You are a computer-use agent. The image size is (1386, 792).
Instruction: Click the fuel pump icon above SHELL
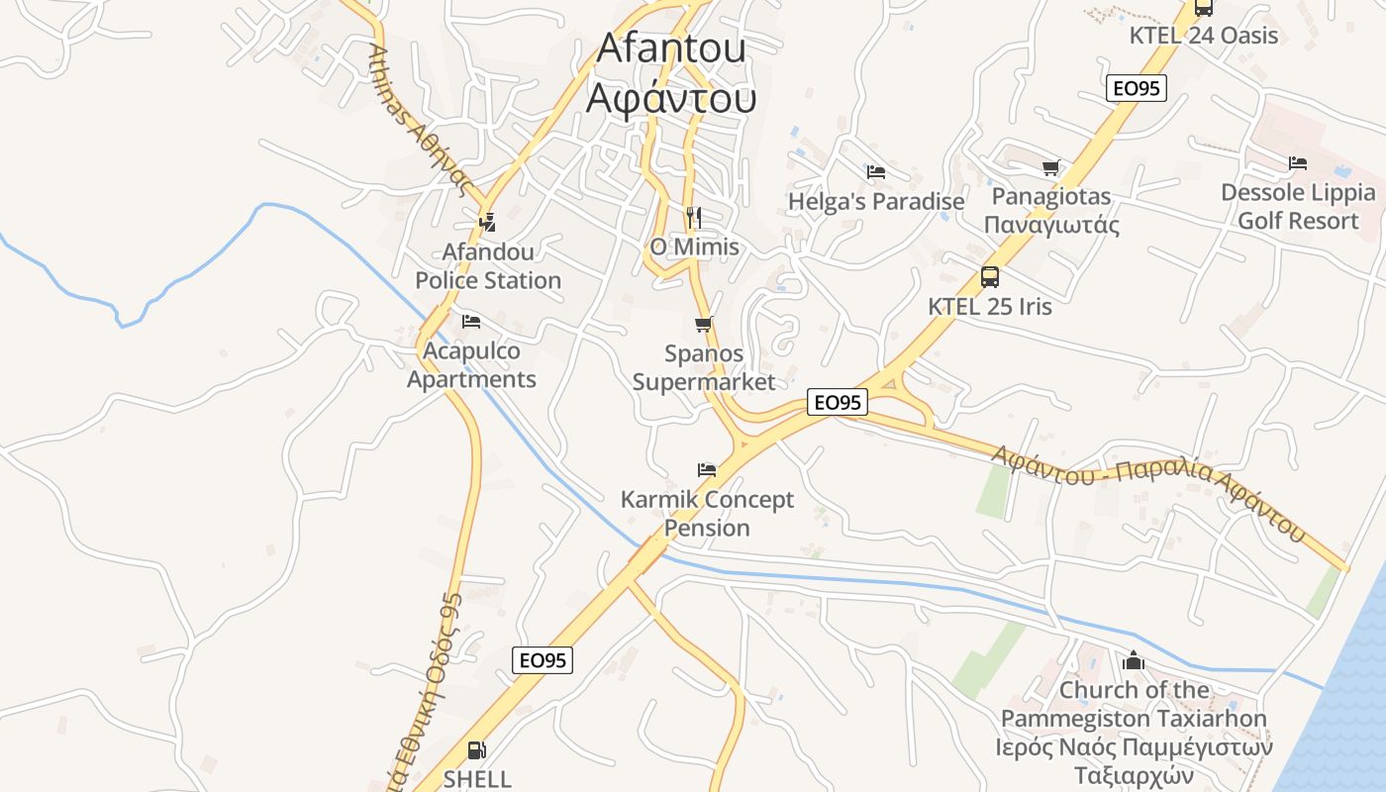point(476,750)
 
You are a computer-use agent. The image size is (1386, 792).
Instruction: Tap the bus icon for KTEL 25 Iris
point(989,277)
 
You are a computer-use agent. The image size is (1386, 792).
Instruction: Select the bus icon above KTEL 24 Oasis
point(1204,8)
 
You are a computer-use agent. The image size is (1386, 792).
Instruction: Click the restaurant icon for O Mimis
point(693,217)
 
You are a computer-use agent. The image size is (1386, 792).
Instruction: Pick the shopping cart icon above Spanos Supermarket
point(704,324)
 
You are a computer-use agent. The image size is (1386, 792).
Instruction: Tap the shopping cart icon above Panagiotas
point(1050,167)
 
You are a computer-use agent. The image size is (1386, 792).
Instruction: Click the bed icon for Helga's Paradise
point(875,172)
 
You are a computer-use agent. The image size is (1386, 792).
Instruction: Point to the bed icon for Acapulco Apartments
point(471,322)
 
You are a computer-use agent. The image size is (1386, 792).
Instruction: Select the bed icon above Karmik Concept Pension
point(707,470)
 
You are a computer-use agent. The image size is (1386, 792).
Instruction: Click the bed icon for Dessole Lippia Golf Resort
point(1298,163)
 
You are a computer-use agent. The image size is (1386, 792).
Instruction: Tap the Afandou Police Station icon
point(486,223)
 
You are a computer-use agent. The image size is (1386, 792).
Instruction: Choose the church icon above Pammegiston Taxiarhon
point(1134,660)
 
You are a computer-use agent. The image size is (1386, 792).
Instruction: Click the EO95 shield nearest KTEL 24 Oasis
point(1136,88)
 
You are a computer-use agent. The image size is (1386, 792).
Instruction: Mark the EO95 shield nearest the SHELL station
point(543,659)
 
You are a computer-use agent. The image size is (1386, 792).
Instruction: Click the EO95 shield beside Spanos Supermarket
point(837,402)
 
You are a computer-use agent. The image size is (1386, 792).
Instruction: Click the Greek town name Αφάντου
point(670,99)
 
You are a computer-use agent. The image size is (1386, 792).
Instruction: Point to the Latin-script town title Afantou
point(670,48)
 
